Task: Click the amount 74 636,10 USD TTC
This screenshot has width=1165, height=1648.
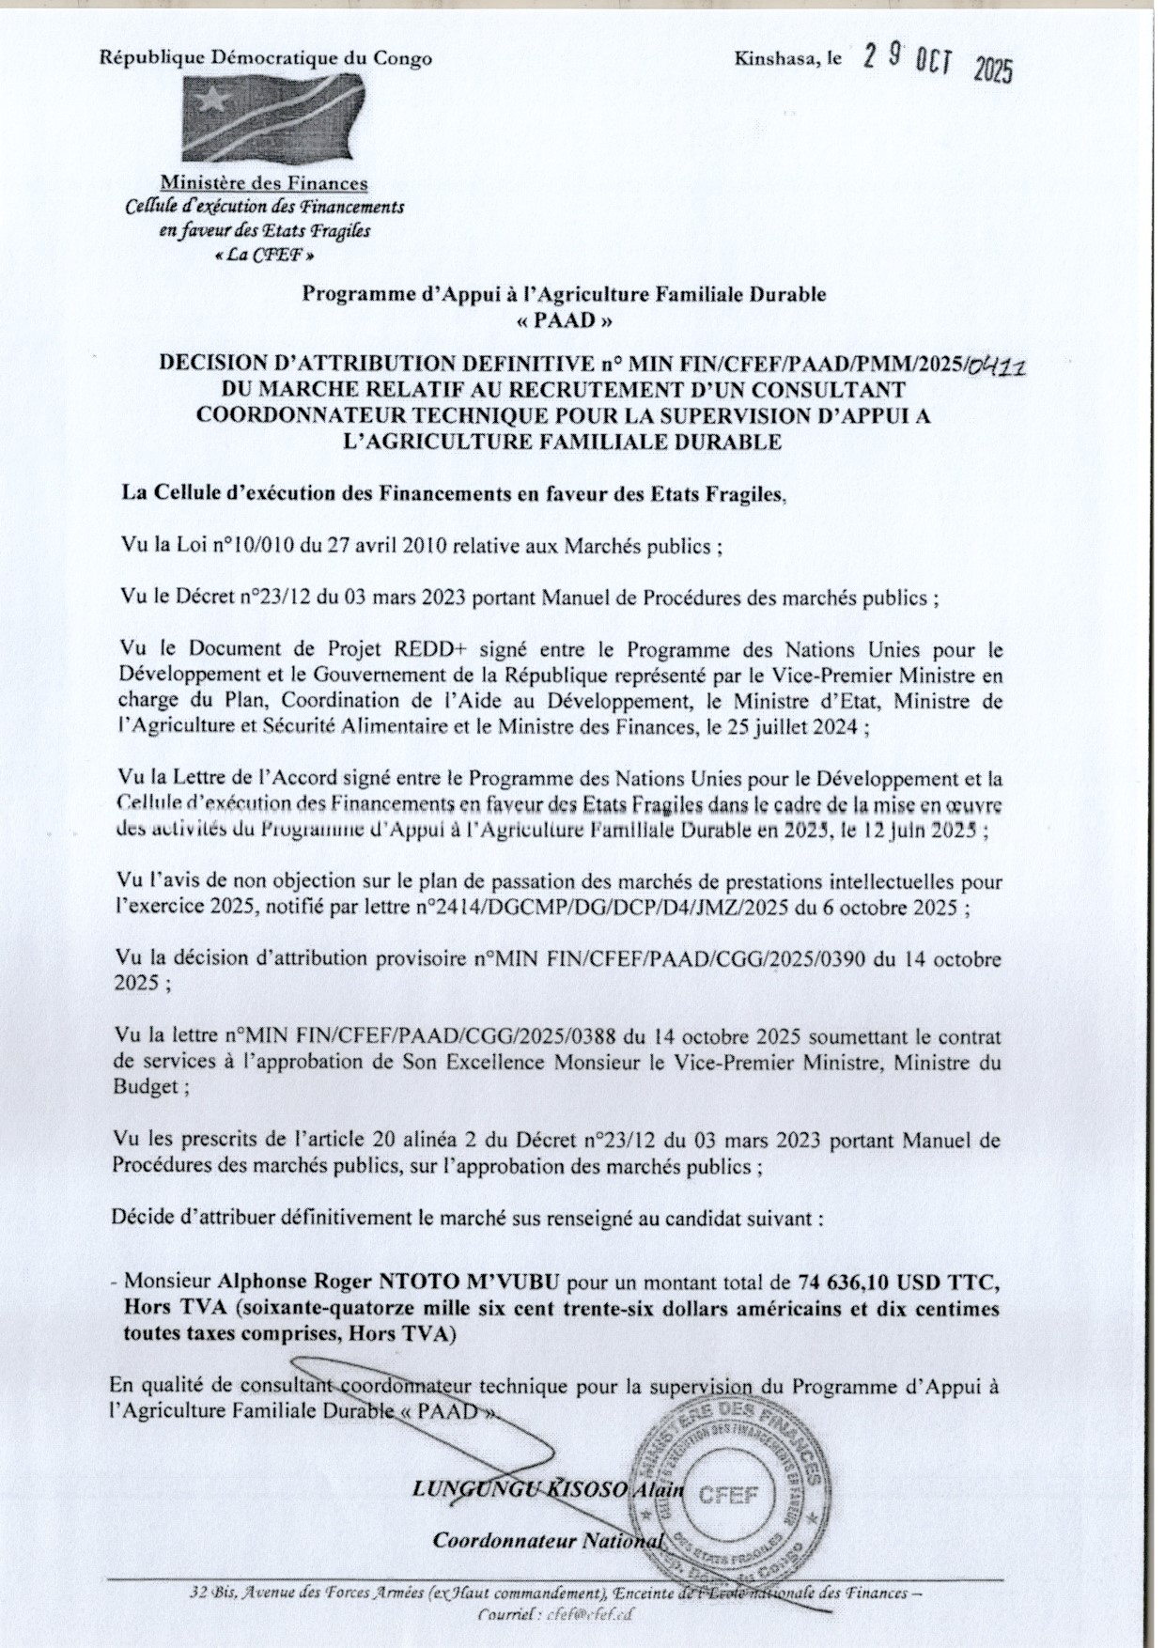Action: [x=900, y=1280]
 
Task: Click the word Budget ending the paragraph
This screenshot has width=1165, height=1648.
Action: [x=144, y=1088]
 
